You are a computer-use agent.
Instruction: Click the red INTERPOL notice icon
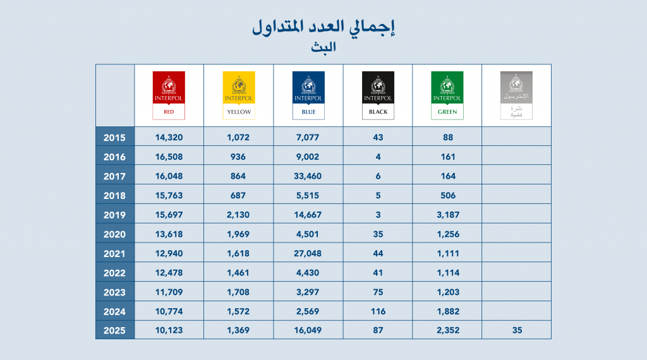pos(169,95)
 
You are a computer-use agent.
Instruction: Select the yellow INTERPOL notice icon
pos(238,95)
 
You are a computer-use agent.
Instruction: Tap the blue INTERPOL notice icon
pos(308,95)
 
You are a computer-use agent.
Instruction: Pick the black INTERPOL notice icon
pos(378,95)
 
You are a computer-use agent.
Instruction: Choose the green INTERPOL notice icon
pos(447,95)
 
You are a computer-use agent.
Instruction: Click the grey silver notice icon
pos(516,95)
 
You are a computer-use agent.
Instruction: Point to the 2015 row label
pos(114,137)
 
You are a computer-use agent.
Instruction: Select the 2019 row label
pos(114,215)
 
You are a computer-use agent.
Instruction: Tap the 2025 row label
pos(114,330)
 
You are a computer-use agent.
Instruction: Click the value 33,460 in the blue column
pos(308,176)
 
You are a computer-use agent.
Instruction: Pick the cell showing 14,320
pos(169,137)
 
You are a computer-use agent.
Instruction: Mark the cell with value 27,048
pos(308,253)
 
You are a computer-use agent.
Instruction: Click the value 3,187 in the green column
pos(447,215)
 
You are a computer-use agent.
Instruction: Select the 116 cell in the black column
pos(378,311)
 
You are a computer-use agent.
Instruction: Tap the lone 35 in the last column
pos(516,330)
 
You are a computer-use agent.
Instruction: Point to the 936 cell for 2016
pos(238,157)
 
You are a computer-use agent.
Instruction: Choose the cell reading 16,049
pos(308,330)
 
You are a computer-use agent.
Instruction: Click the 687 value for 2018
pos(238,195)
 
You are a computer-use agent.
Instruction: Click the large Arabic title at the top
pos(323,27)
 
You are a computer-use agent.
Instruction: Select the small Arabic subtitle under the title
pos(323,47)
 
